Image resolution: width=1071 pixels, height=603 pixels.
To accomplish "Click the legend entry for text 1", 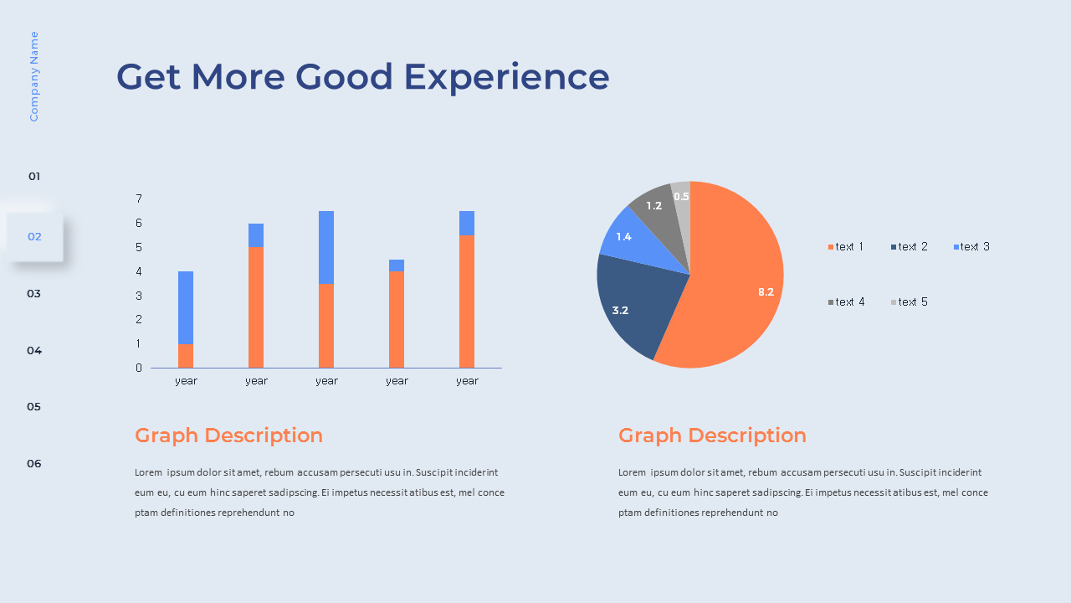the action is [845, 246].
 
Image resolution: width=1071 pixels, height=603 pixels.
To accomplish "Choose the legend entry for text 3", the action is [971, 246].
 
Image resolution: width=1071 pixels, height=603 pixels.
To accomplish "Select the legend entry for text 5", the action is [909, 302].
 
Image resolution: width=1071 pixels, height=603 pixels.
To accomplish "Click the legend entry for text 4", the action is [846, 302].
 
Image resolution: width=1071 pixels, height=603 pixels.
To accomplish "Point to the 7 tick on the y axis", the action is [139, 198].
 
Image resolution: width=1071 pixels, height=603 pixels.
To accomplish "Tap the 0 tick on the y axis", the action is [139, 368].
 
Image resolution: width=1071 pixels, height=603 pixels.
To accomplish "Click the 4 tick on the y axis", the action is [139, 271].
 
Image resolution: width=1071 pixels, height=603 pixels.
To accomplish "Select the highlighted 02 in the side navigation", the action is [34, 236].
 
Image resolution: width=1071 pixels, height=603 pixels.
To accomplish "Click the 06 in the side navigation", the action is [34, 463].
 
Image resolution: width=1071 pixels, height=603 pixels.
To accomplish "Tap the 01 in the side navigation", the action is [34, 176].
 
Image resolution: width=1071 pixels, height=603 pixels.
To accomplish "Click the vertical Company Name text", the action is [34, 76].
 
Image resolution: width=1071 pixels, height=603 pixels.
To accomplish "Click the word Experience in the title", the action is [507, 78].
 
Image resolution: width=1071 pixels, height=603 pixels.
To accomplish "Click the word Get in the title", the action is [149, 76].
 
